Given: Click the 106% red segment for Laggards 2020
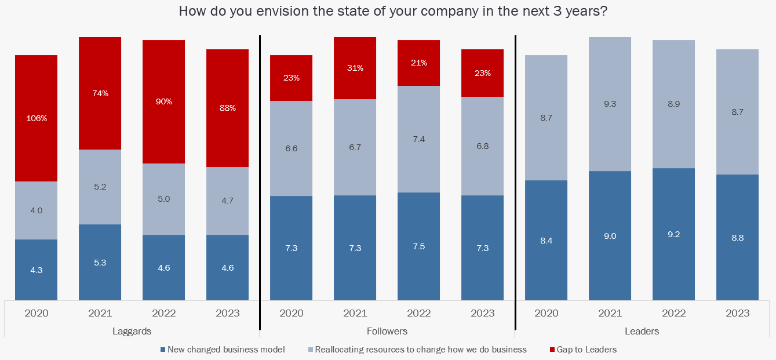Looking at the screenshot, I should pos(36,118).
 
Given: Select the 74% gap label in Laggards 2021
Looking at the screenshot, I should pos(100,93).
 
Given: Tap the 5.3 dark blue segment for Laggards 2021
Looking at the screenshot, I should pos(100,262).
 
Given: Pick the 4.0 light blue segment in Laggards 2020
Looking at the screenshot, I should pos(36,210).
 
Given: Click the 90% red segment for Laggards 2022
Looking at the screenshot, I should pos(164,101).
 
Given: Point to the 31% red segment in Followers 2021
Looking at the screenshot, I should pos(355,68).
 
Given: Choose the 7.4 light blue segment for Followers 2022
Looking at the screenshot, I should pos(419,139).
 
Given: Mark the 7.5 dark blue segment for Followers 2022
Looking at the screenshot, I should pos(419,246).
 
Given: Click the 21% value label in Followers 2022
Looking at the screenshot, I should pos(419,63).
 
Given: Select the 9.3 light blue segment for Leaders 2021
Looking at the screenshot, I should pos(610,104).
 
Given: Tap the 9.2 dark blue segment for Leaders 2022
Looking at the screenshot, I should pos(674,234).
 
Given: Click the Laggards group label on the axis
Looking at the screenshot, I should pos(132,332).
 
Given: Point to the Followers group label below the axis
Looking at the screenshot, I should pos(387,332).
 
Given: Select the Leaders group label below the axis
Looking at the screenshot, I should pos(642,332).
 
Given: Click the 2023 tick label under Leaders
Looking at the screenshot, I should pos(737,313).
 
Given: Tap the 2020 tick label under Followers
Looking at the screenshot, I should pos(292,313).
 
